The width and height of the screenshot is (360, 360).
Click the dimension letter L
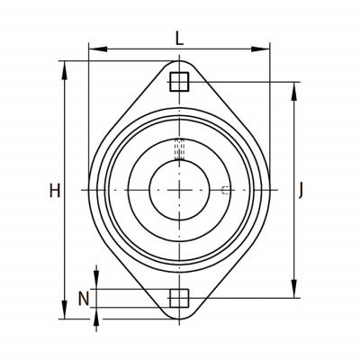(179, 39)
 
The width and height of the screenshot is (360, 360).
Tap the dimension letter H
(55, 191)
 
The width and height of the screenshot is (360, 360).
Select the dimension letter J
(301, 191)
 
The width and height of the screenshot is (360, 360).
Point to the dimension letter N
(84, 299)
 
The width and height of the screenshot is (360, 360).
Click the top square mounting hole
(179, 82)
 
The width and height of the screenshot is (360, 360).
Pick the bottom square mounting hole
(179, 298)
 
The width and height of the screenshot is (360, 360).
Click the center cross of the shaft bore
(179, 190)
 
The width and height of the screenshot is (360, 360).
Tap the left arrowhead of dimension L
(98, 49)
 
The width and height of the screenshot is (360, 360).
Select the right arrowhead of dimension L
(260, 49)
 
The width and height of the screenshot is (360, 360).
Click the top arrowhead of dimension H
(64, 70)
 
